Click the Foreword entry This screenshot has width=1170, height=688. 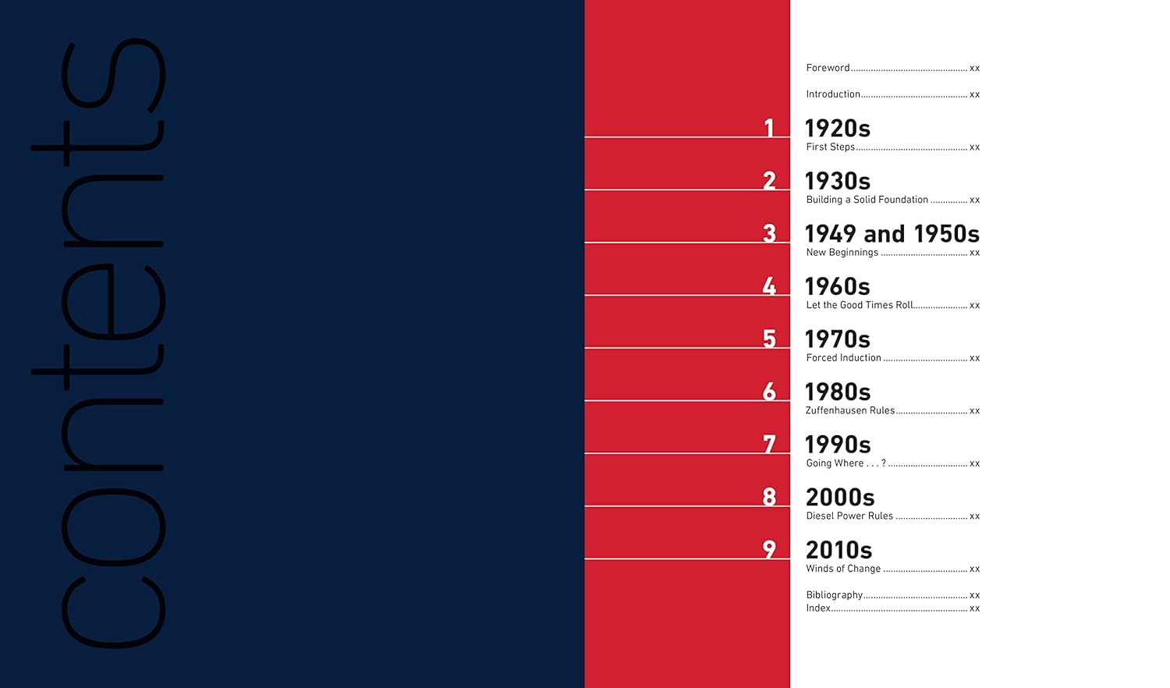coord(828,68)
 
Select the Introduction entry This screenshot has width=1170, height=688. coord(833,94)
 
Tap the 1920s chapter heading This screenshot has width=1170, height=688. coord(837,128)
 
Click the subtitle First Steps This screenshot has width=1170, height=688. coord(830,147)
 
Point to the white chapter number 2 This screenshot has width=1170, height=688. coord(769,180)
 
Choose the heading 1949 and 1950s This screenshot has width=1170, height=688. coord(892,233)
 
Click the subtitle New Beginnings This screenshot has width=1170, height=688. coord(842,253)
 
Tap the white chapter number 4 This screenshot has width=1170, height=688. coord(769,286)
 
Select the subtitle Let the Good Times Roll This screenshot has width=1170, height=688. coord(859,305)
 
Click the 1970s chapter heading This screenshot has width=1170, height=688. coord(837,339)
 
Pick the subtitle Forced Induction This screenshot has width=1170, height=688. coord(843,358)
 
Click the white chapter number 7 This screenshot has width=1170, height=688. coord(769,444)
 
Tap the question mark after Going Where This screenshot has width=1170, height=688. coord(884,463)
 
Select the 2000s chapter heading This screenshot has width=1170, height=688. coord(839,498)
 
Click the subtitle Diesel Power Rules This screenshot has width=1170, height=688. coord(849,516)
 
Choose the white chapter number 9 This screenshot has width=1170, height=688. coord(769,549)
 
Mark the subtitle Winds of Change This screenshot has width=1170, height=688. coord(843,569)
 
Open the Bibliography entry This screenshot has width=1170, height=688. coord(834,595)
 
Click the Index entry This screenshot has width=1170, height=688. coord(818,608)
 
